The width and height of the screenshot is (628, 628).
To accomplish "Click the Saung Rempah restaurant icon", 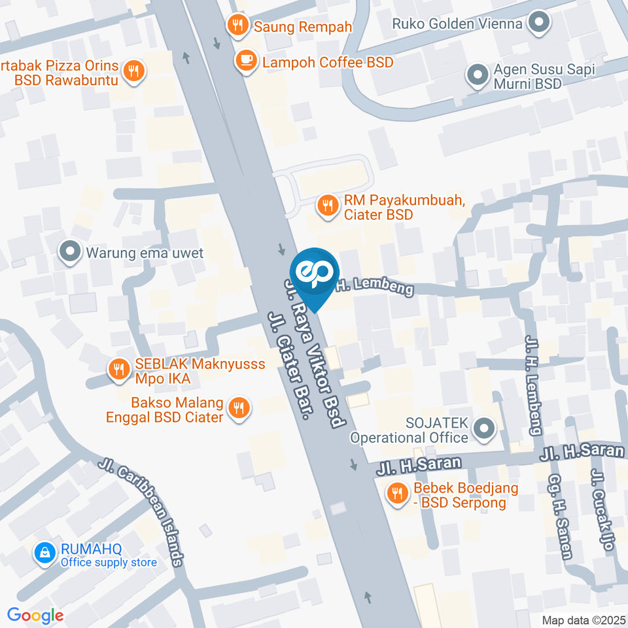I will coord(237,26).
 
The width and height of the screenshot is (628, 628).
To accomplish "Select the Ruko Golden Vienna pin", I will coord(540,24).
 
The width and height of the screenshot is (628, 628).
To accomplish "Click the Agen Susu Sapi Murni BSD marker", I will coord(477,75).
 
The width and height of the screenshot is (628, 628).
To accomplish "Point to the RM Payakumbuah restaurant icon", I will coord(326,207).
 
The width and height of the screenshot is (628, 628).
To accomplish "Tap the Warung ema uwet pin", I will coord(68,252).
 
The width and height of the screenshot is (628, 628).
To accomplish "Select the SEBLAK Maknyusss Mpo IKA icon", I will coord(118,368).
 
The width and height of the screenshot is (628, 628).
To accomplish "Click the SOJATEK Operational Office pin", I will coord(485,430).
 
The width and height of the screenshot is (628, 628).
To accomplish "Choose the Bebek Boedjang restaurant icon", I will coord(396,495).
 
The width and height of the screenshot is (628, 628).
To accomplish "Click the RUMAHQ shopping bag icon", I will coord(45,554).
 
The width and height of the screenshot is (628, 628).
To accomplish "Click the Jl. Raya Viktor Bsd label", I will coord(315,353).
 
